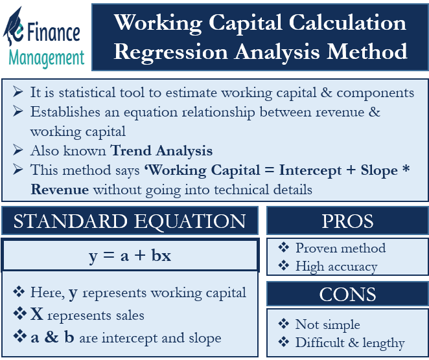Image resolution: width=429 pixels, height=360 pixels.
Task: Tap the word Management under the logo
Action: click(47, 58)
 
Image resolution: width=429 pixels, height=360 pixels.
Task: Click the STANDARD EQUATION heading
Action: click(130, 221)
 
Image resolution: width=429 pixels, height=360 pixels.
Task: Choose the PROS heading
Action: click(347, 221)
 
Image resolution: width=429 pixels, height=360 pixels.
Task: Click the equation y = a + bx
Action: click(130, 255)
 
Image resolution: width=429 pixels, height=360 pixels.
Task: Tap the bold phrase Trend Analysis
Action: click(161, 151)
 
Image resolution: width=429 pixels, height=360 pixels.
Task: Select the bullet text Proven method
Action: click(340, 248)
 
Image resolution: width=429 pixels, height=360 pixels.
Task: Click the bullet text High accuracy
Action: click(336, 265)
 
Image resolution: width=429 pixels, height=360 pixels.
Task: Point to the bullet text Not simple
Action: click(327, 324)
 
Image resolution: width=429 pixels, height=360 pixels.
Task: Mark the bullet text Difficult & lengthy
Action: click(350, 343)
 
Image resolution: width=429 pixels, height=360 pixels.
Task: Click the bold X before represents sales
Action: click(37, 315)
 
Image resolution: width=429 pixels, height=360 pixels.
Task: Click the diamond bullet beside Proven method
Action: click(283, 248)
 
